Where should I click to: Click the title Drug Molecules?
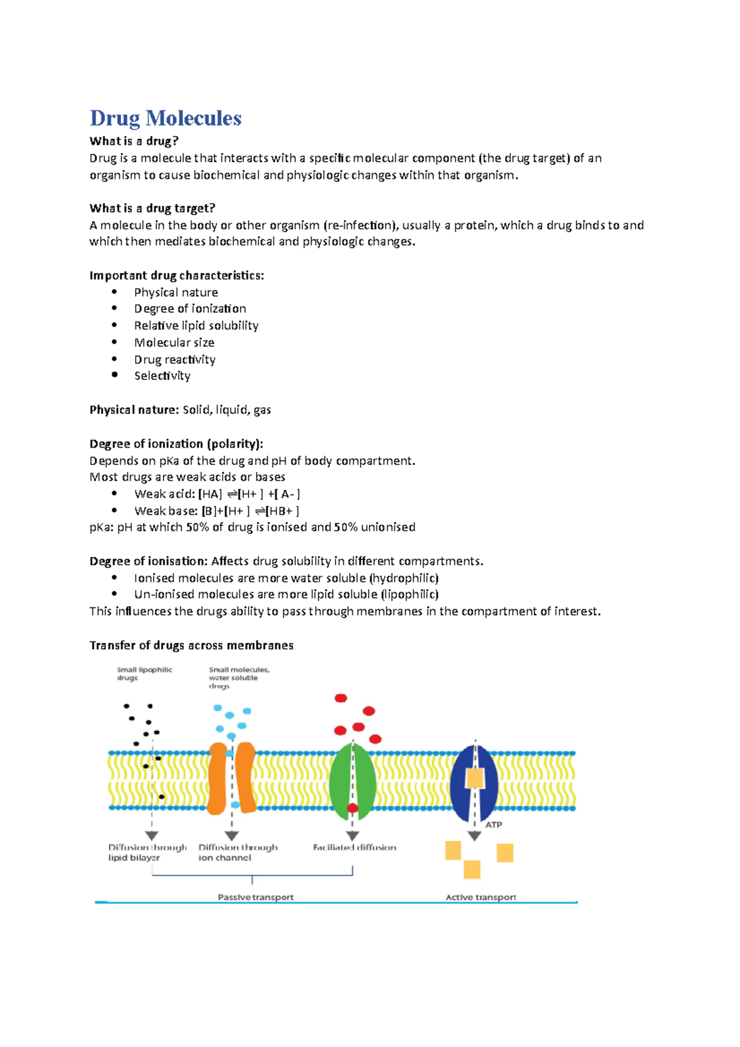(165, 118)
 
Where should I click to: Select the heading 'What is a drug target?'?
(152, 208)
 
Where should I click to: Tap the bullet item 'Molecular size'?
(174, 342)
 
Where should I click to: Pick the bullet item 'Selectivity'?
(162, 376)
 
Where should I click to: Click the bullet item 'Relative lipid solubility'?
(196, 326)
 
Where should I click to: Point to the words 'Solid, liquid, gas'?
(227, 409)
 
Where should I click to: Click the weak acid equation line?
(217, 494)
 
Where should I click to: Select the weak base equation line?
(216, 511)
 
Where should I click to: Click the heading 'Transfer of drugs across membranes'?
(191, 645)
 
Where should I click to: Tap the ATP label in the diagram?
(493, 824)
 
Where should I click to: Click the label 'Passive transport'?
(255, 897)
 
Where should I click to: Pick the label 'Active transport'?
(480, 897)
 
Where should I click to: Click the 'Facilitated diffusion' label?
(354, 847)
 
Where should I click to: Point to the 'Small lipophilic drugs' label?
(144, 673)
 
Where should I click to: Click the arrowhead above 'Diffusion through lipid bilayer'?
(152, 836)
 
